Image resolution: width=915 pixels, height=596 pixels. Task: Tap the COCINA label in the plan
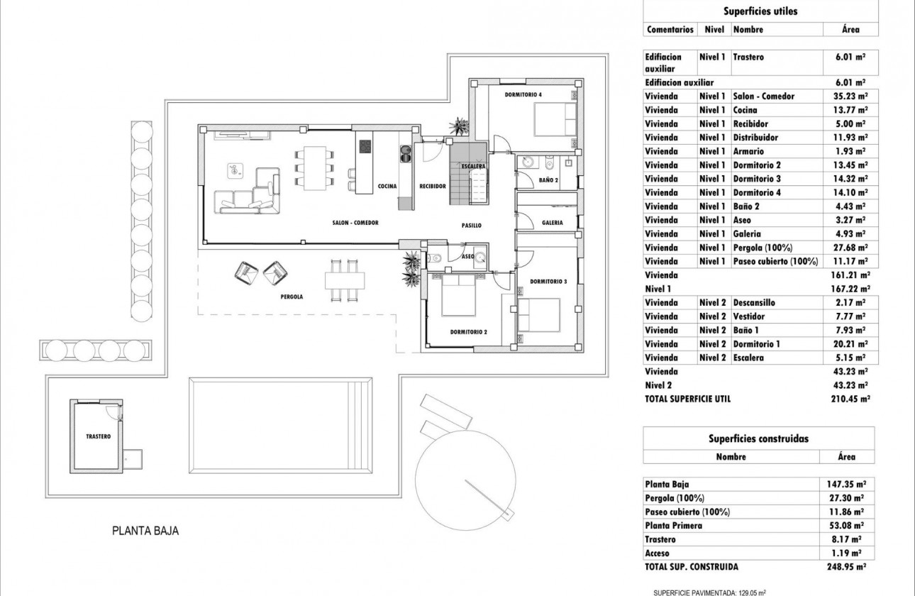(x=387, y=186)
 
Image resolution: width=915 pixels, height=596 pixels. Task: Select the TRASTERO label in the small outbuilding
(x=98, y=437)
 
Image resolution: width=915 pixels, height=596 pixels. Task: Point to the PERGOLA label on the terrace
(x=292, y=297)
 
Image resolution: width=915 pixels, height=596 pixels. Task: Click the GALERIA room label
(x=553, y=222)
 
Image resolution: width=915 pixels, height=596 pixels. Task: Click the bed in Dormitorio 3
(x=539, y=315)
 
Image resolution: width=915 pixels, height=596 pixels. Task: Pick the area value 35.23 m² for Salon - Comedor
(x=849, y=96)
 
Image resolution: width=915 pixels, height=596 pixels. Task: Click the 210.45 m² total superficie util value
(x=849, y=399)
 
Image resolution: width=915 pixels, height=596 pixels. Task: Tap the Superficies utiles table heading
(x=760, y=11)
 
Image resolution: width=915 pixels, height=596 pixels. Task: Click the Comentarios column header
(x=670, y=30)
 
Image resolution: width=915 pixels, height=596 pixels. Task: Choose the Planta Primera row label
(x=674, y=526)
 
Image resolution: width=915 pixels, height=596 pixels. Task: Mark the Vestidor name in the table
(x=748, y=316)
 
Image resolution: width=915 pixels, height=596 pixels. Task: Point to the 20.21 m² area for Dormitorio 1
(x=849, y=344)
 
